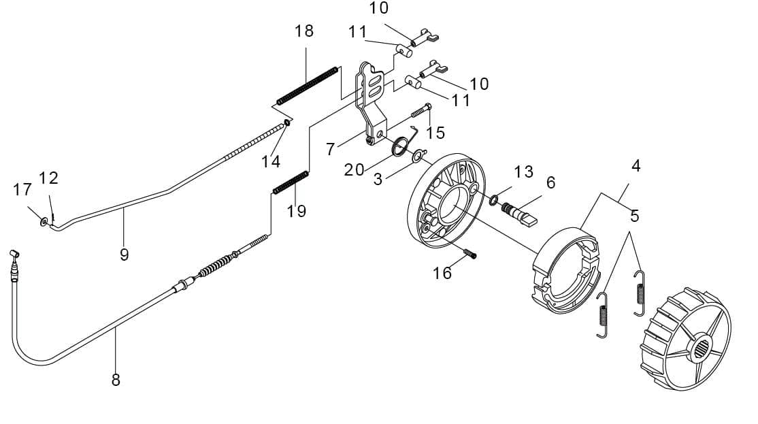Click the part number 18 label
point(304,31)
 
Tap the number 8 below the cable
point(116,380)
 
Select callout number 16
point(442,273)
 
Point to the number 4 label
point(636,165)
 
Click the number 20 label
point(354,169)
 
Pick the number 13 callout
point(523,172)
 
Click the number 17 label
point(22,189)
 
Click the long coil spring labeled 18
point(308,85)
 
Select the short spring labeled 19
point(291,182)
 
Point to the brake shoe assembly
point(567,272)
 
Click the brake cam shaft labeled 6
point(521,212)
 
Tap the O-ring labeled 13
point(495,200)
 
